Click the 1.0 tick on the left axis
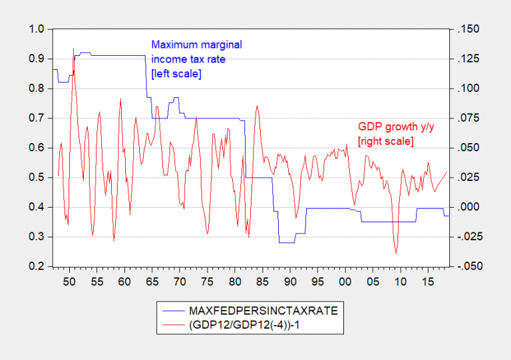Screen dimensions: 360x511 (x=37, y=29)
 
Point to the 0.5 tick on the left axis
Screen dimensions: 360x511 (x=37, y=178)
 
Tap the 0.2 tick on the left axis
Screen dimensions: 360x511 (x=37, y=266)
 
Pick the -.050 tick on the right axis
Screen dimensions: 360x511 (x=465, y=266)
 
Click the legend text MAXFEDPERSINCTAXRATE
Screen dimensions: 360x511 (x=246, y=311)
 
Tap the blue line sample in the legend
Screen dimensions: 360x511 (x=172, y=311)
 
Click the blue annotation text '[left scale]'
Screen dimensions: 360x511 (x=176, y=73)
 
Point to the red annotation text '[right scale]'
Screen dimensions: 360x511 (x=386, y=140)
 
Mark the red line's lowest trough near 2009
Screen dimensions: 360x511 (x=396, y=253)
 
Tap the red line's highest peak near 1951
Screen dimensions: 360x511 (x=73, y=49)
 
